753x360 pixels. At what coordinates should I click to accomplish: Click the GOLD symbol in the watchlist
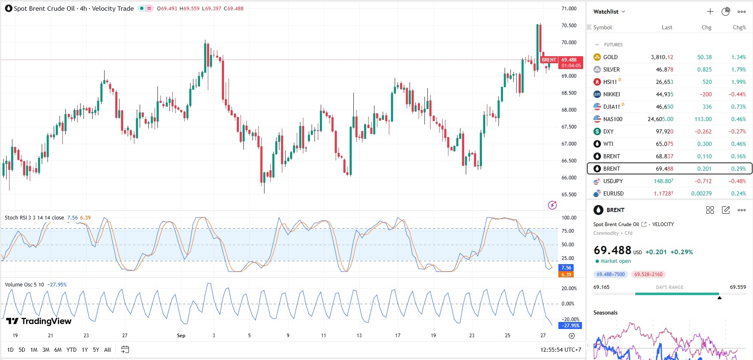pos(610,57)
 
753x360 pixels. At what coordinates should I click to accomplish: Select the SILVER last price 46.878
pos(664,69)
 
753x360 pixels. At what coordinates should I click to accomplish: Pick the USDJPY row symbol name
pos(612,181)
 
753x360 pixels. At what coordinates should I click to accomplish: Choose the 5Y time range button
pos(96,350)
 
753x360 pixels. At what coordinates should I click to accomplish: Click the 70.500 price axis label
pos(569,26)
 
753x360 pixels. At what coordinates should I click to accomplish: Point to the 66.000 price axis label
pos(569,178)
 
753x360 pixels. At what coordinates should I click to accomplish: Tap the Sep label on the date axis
pos(181,336)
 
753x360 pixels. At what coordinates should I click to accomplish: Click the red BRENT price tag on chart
pos(549,60)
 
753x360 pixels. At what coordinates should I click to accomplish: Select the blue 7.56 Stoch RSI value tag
pos(566,268)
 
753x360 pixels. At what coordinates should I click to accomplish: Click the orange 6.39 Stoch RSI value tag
pos(566,274)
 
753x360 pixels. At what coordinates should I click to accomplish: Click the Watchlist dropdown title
pos(609,12)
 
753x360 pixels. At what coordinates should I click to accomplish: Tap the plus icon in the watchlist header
pos(710,12)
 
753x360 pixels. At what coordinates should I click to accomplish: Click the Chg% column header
pos(739,27)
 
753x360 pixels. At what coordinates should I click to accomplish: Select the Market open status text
pos(615,261)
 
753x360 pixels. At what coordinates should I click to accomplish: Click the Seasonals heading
pos(605,312)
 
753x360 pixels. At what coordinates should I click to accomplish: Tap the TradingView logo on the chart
pos(39,321)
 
